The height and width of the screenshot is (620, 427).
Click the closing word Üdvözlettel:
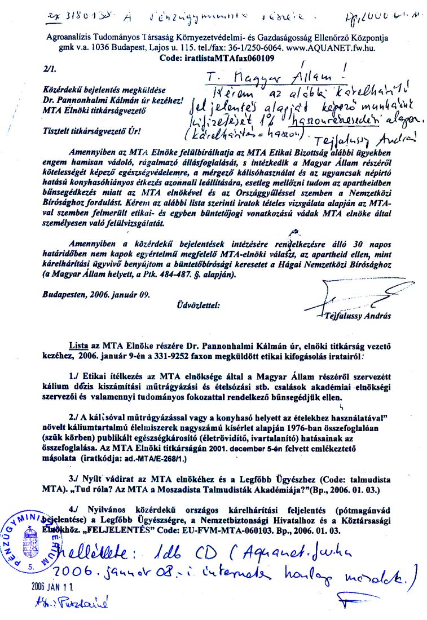click(198, 306)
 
